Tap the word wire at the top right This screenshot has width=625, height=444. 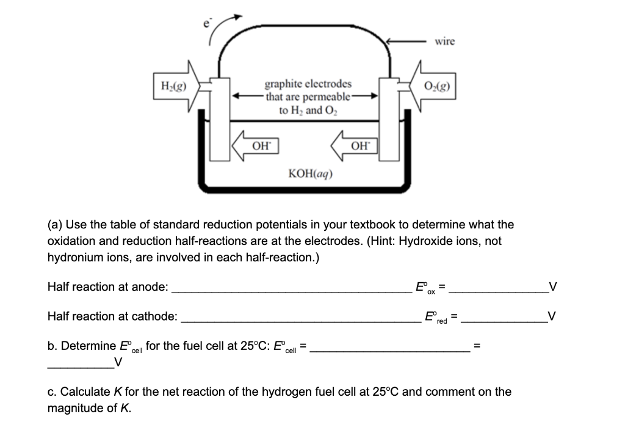[444, 41]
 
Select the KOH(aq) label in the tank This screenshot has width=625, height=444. [310, 173]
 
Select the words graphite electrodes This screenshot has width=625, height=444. [308, 84]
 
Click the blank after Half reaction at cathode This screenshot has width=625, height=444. [299, 321]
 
